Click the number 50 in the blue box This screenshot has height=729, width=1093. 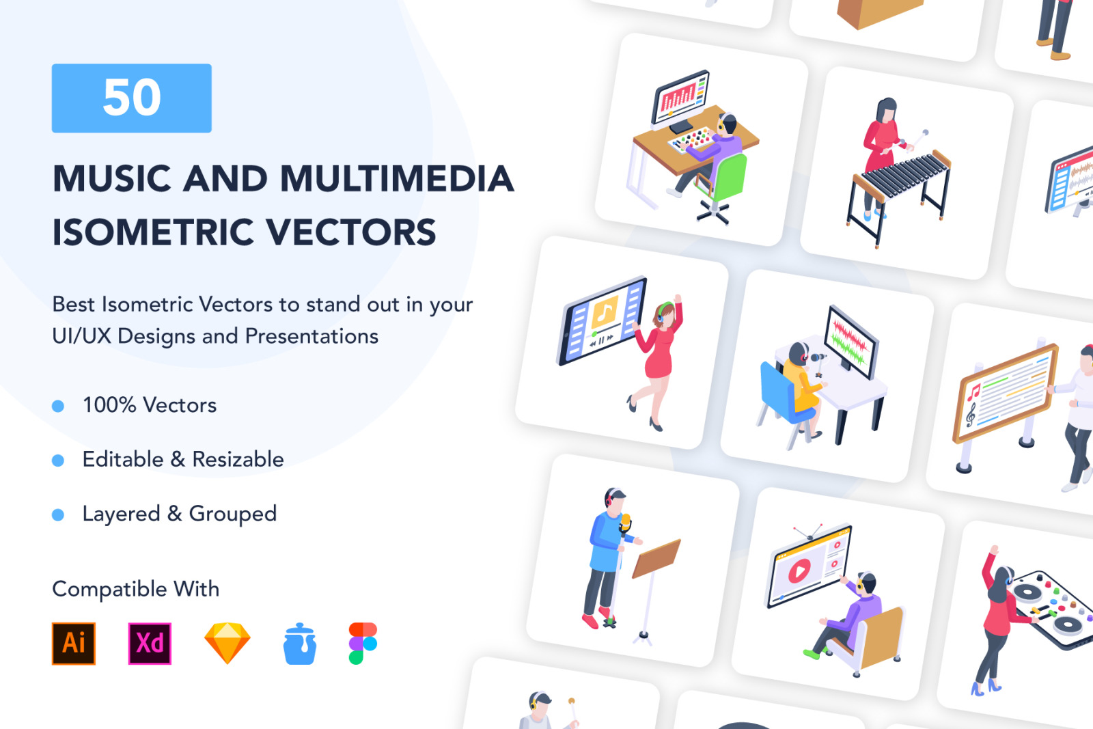pos(132,98)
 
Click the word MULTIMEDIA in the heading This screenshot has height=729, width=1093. pos(397,178)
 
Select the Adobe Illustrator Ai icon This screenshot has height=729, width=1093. pos(74,643)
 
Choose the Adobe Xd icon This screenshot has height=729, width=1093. pos(150,643)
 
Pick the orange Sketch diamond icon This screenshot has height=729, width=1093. pos(227,643)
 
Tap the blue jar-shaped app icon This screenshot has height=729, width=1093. pos(300,644)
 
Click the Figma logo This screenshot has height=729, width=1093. pos(363,643)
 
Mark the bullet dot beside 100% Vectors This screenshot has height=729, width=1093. pos(58,406)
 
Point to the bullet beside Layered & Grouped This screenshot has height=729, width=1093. pos(58,514)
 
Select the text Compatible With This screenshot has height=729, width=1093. pos(136,589)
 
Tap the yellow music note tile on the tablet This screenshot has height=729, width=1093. pos(605,312)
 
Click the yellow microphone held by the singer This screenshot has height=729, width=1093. pos(625,523)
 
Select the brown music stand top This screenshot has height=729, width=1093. pos(656,559)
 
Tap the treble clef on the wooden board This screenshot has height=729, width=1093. pos(971,414)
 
